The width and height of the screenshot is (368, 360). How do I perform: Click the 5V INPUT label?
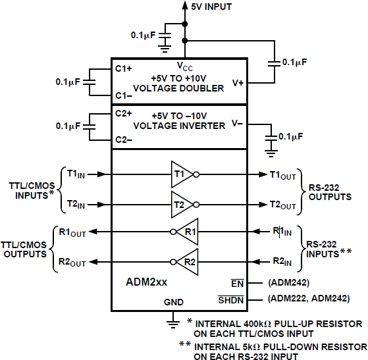tap(211, 7)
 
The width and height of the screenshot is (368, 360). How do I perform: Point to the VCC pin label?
tap(184, 66)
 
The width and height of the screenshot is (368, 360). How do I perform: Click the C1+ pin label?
tap(123, 68)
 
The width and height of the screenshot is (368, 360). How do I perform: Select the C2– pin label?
tap(123, 140)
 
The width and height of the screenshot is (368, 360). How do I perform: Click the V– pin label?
tap(238, 123)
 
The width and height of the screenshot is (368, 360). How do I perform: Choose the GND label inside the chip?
tap(173, 303)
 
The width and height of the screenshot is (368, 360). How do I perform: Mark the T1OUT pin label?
tap(282, 174)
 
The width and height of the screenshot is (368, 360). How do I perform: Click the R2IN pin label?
tap(282, 262)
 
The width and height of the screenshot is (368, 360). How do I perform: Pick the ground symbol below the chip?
tap(173, 321)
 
